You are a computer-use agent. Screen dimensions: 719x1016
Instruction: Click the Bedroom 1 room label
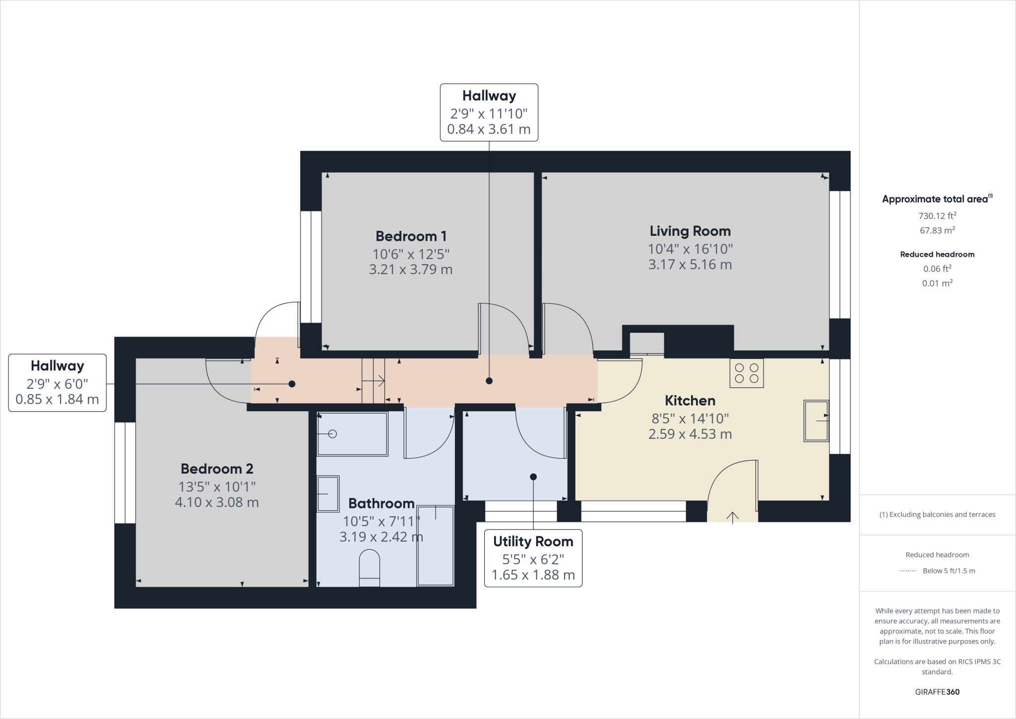pyautogui.click(x=411, y=236)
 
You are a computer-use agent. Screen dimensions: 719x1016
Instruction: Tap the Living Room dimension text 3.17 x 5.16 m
pyautogui.click(x=690, y=265)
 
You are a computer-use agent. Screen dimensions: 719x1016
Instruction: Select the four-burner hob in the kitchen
pyautogui.click(x=746, y=373)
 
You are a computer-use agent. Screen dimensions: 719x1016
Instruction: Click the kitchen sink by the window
pyautogui.click(x=816, y=421)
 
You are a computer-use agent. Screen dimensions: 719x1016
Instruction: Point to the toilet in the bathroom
pyautogui.click(x=369, y=568)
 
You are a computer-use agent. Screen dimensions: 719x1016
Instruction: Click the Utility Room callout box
pyautogui.click(x=533, y=558)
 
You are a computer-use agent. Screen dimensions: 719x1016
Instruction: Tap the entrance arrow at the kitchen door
pyautogui.click(x=732, y=517)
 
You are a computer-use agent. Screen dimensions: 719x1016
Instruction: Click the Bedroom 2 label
pyautogui.click(x=217, y=469)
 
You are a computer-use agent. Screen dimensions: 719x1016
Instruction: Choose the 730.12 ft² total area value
pyautogui.click(x=937, y=216)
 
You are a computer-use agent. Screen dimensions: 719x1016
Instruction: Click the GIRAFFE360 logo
pyautogui.click(x=937, y=692)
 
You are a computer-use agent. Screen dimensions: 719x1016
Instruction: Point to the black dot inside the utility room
pyautogui.click(x=533, y=477)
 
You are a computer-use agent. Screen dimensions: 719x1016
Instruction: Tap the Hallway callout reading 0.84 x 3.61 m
pyautogui.click(x=489, y=113)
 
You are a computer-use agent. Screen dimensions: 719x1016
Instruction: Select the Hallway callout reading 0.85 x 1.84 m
pyautogui.click(x=58, y=383)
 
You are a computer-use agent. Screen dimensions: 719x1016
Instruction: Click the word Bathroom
pyautogui.click(x=381, y=503)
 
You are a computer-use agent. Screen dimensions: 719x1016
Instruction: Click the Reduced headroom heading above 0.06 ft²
pyautogui.click(x=937, y=254)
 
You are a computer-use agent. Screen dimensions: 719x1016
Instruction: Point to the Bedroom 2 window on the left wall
pyautogui.click(x=125, y=473)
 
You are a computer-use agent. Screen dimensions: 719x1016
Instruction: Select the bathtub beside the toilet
pyautogui.click(x=435, y=545)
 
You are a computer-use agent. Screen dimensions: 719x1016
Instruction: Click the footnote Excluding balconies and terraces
pyautogui.click(x=937, y=514)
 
